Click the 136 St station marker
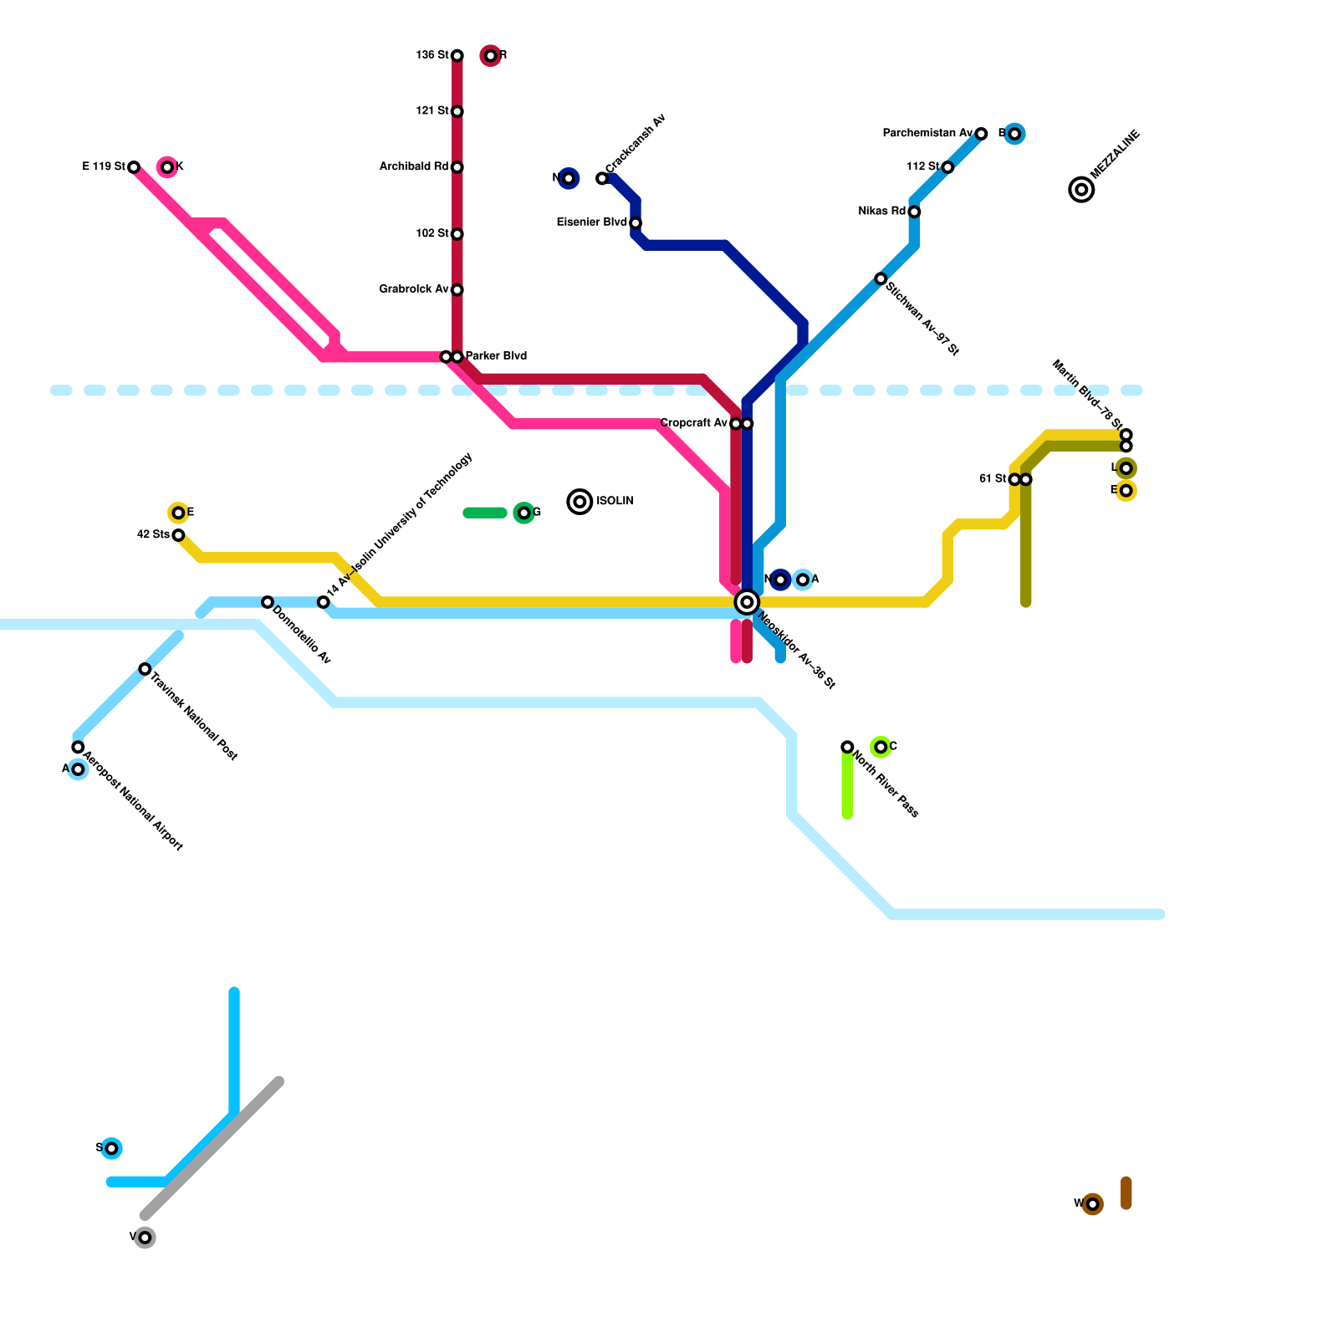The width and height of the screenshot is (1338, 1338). [457, 56]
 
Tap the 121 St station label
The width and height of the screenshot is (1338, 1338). [432, 111]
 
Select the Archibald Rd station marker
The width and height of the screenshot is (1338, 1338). [457, 167]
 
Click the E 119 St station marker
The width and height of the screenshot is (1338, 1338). [134, 167]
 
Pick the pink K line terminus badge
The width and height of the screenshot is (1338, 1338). [167, 167]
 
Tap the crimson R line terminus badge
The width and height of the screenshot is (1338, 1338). [491, 56]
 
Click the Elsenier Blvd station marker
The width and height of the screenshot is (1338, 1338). [636, 223]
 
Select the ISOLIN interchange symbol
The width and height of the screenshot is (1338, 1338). [580, 502]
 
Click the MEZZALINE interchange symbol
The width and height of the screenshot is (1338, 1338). [1081, 190]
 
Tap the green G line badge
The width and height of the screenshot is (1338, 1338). [523, 513]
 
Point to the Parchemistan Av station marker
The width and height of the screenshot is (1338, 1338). [981, 134]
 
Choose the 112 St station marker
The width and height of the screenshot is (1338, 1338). [947, 167]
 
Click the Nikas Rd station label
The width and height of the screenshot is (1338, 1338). [882, 212]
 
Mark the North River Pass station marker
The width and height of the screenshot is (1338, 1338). [847, 747]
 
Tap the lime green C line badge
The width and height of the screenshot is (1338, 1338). [881, 747]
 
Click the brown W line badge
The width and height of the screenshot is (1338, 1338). [1092, 1204]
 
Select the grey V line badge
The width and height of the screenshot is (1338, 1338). [145, 1238]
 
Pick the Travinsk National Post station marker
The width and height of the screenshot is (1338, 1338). [145, 669]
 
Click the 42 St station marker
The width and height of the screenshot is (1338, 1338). [178, 535]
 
